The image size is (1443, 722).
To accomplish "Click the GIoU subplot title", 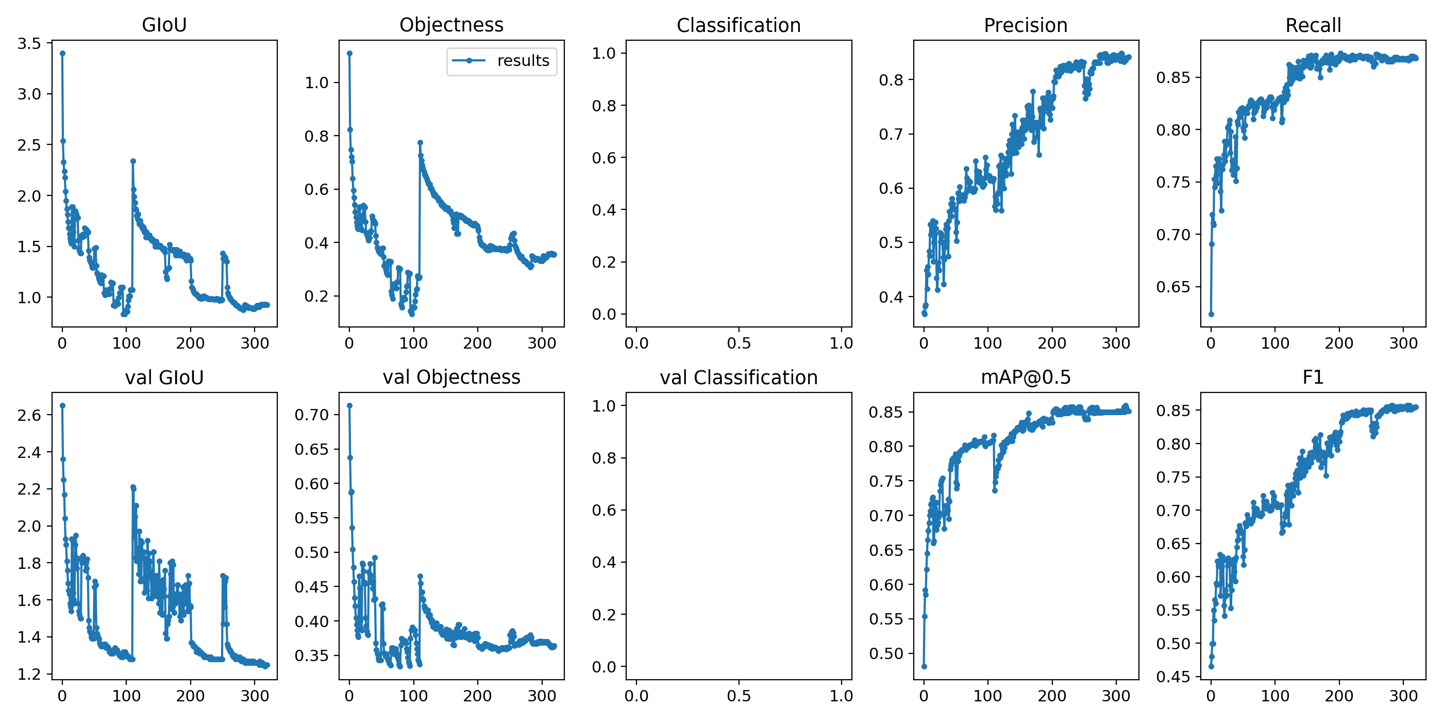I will point(164,25).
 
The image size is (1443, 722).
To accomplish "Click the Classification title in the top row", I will point(739,25).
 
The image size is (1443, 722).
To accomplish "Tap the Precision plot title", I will point(1026,25).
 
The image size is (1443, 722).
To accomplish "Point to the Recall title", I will point(1313,25).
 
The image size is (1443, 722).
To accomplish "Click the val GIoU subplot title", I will point(164,378).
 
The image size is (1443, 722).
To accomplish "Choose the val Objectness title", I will point(451,378).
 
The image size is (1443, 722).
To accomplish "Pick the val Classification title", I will point(739,378).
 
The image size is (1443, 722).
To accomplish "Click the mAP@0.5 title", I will point(1026,378).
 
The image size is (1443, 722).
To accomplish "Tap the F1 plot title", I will point(1313,378).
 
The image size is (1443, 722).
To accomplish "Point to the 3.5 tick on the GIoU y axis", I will point(29,43).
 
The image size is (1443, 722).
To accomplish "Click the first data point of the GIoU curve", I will point(63,53).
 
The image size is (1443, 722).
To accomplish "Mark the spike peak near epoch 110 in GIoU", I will point(133,161).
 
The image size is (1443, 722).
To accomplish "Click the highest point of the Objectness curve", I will point(349,53).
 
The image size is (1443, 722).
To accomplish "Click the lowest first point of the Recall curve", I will point(1211,314).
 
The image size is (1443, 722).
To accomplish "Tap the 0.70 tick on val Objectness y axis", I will point(311,415).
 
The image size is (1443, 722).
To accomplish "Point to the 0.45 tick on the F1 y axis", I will point(1173,677).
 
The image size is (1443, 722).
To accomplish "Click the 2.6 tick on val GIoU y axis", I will point(29,415).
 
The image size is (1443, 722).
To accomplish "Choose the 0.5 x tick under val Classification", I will point(739,696).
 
